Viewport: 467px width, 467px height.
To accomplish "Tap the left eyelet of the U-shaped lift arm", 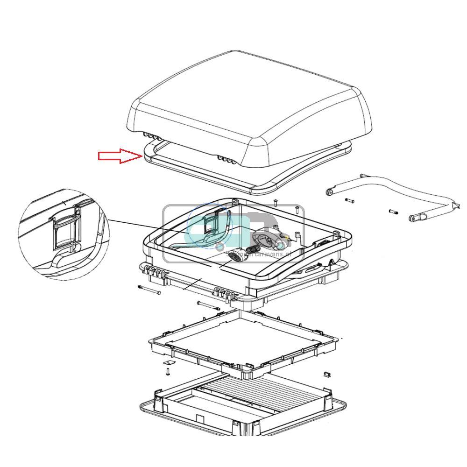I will (330, 191).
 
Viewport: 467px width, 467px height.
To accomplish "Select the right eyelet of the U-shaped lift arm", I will (414, 218).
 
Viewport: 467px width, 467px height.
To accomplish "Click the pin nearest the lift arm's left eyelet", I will (350, 201).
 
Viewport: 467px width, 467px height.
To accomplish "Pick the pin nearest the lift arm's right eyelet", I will (393, 212).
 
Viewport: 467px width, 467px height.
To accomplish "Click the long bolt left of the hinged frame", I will (149, 290).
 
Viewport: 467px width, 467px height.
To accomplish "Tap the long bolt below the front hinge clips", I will (208, 306).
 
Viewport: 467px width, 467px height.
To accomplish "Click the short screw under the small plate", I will (167, 372).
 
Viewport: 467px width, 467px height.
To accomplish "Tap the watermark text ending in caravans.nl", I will (264, 255).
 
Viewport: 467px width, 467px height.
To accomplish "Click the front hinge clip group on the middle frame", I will (225, 293).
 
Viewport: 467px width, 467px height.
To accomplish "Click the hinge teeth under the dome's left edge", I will (150, 135).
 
